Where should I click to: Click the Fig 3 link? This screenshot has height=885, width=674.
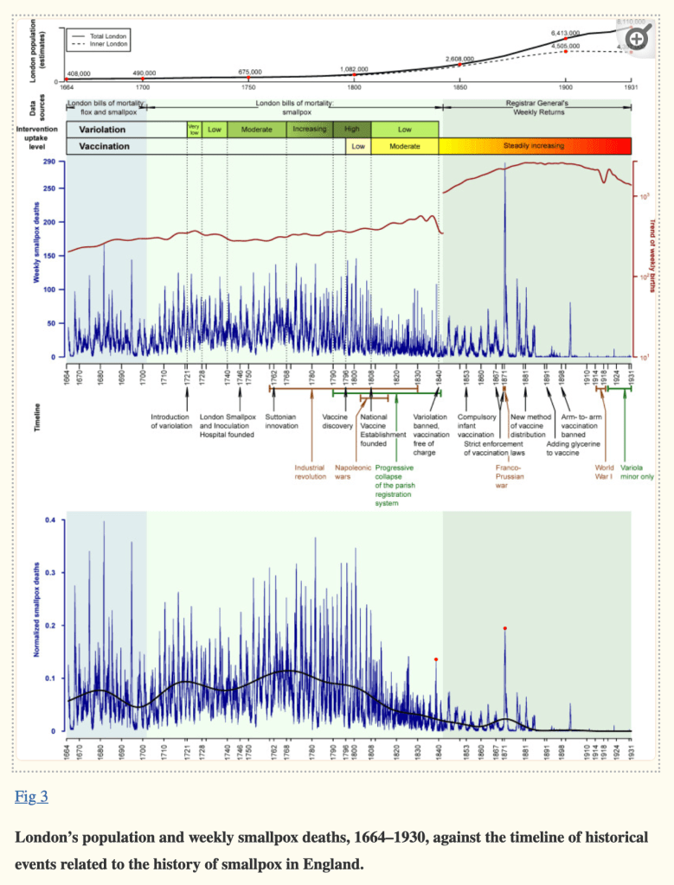31,797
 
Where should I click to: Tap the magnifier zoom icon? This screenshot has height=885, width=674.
639,36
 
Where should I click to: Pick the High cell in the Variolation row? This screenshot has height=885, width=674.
352,129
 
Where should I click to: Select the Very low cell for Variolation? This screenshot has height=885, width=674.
194,129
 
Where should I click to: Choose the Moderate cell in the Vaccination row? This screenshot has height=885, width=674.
404,146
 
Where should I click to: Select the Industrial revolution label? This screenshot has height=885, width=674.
310,472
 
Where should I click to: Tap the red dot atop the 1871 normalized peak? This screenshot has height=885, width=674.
504,628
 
